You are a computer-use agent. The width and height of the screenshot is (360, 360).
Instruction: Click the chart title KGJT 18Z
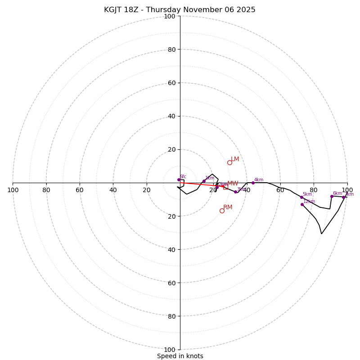180,10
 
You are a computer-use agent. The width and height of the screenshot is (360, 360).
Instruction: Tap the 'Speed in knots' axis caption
180,356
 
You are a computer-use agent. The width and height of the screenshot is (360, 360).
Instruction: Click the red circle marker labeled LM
229,162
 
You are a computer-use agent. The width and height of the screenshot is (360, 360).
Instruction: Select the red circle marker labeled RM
222,211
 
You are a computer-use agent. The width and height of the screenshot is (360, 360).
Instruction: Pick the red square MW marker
225,187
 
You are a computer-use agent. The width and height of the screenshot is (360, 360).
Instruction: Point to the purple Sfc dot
179,180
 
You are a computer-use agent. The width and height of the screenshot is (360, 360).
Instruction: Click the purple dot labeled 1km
204,181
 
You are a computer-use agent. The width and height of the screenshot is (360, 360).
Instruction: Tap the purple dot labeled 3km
235,192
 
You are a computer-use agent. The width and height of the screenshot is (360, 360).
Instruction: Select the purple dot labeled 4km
253,183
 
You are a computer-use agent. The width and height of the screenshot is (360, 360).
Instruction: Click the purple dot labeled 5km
301,197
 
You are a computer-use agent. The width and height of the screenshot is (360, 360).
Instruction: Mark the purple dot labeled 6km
332,196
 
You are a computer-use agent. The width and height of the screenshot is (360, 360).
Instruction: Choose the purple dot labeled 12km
302,204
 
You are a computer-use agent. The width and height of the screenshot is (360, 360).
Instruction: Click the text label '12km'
309,201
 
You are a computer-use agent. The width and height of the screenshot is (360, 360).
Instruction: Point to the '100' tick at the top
170,16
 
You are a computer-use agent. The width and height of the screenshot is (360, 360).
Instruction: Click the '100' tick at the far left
13,190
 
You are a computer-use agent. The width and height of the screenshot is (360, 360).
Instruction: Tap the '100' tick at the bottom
170,350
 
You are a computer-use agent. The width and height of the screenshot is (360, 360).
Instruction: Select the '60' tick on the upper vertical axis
171,83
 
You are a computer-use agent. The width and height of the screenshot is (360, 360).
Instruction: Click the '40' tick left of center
113,190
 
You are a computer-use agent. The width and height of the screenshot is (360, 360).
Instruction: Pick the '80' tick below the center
171,316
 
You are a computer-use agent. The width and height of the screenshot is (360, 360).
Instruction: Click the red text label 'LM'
235,159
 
